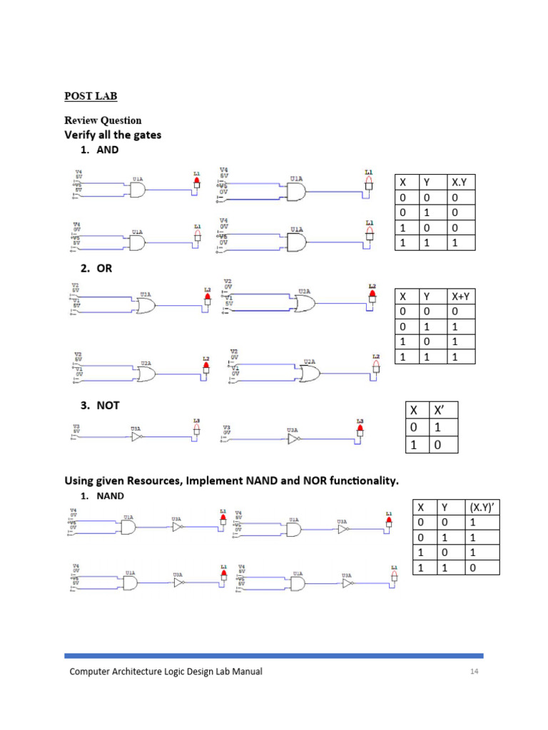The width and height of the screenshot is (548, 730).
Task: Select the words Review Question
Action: (x=103, y=120)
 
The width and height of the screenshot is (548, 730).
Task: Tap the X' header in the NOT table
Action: (x=437, y=411)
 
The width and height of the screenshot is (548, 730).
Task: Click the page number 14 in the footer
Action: (x=474, y=672)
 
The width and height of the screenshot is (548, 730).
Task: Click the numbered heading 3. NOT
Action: (x=99, y=405)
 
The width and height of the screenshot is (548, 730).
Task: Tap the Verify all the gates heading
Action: (x=113, y=135)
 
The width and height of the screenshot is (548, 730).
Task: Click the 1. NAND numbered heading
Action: (x=102, y=495)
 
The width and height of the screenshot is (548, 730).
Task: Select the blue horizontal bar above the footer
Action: (x=273, y=655)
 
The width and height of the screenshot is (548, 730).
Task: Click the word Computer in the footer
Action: (x=93, y=672)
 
